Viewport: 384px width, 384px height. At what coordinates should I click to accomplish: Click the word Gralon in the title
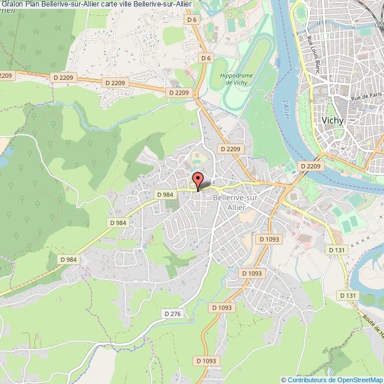(12, 4)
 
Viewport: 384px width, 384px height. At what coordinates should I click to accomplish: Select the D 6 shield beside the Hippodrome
(206, 58)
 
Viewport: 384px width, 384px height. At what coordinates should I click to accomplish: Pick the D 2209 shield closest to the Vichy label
(310, 167)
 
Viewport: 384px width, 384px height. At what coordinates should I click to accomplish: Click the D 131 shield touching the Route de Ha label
(348, 294)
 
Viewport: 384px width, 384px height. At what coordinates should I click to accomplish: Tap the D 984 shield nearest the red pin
(165, 194)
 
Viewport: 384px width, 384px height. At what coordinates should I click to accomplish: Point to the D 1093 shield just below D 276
(222, 307)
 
